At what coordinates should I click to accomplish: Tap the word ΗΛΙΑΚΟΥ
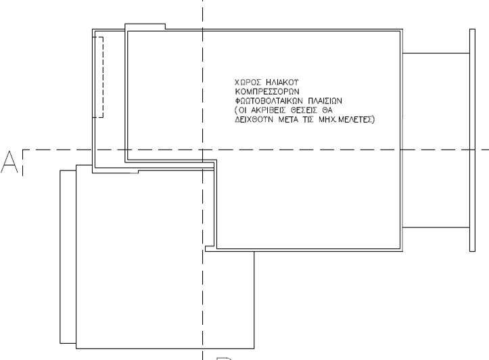click(283, 83)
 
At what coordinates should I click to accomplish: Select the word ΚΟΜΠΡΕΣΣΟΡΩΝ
click(267, 92)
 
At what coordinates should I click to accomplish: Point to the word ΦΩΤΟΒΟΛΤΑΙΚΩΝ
click(269, 101)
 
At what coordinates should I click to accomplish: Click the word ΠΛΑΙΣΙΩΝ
click(325, 101)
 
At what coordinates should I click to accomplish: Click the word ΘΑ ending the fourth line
click(327, 110)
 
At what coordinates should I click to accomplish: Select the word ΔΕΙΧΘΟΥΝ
click(254, 120)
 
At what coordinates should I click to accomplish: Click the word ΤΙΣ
click(308, 120)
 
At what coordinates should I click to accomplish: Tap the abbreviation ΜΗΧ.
click(327, 120)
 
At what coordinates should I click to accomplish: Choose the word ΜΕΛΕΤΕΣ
click(355, 120)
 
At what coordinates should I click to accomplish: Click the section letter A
click(9, 162)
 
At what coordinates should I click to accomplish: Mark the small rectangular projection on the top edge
click(145, 26)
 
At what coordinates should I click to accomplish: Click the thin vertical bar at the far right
click(473, 140)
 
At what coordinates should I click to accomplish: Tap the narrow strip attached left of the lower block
click(68, 256)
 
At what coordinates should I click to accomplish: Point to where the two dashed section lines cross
click(203, 150)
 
